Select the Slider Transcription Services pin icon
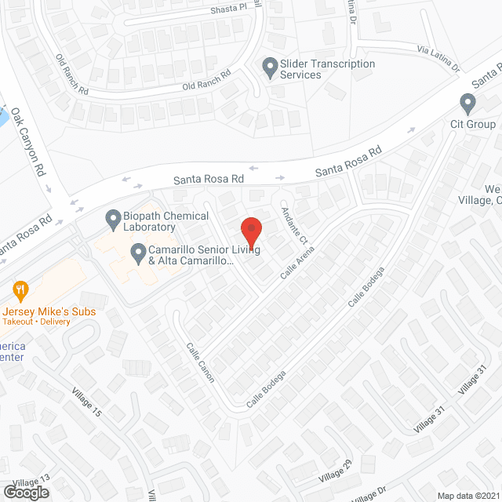point(271,68)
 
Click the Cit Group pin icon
point(468,102)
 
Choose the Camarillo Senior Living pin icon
point(138,253)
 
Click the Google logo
point(26,492)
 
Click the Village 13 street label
point(31,480)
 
